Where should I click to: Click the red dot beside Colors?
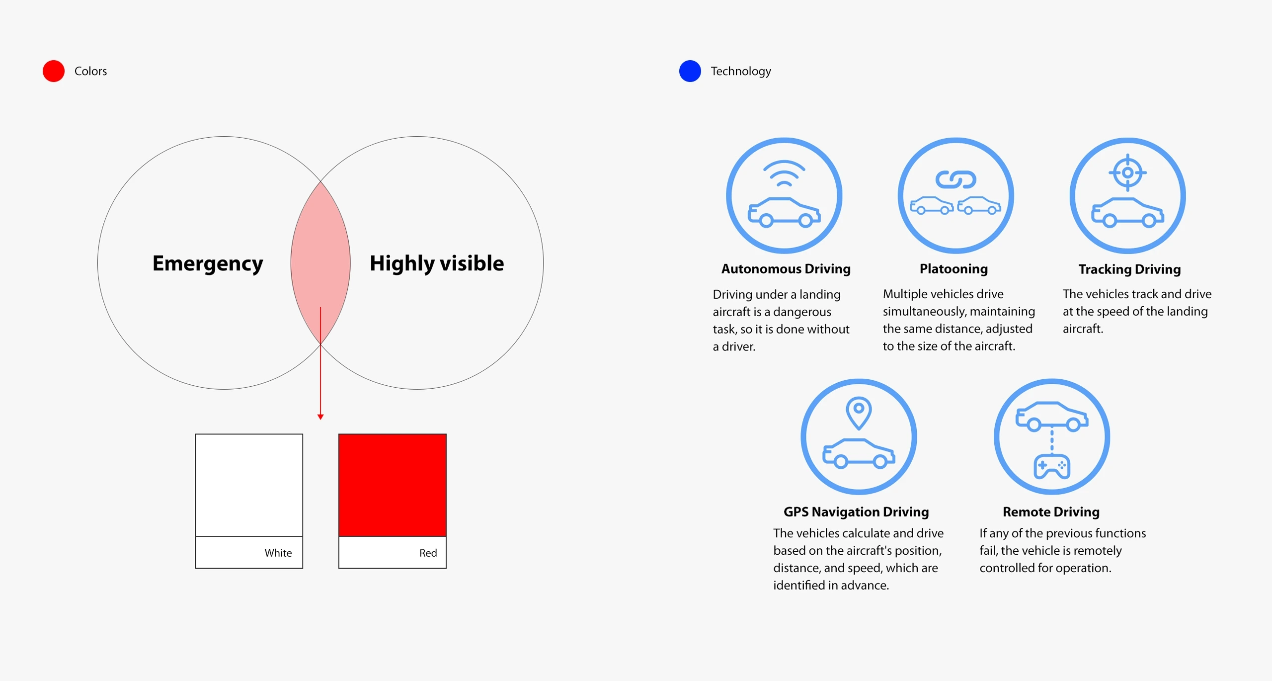tap(54, 71)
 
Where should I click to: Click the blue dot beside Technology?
tap(690, 71)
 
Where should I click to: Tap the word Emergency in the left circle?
tap(208, 264)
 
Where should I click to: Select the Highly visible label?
tap(437, 264)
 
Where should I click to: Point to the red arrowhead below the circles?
tap(320, 417)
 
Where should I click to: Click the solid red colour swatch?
tap(393, 485)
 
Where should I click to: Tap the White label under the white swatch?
tap(278, 553)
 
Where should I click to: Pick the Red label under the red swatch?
tap(428, 553)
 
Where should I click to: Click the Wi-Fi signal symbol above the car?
tap(784, 173)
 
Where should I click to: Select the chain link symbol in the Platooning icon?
tap(956, 179)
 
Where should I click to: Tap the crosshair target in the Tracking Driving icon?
tap(1128, 172)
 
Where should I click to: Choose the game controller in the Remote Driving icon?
tap(1052, 466)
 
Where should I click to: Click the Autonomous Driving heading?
tap(786, 269)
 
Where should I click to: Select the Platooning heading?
tap(954, 269)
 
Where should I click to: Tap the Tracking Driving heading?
tap(1129, 269)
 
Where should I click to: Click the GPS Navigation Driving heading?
tap(856, 512)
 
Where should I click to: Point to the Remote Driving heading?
tap(1051, 512)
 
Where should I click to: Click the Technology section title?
tap(741, 71)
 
